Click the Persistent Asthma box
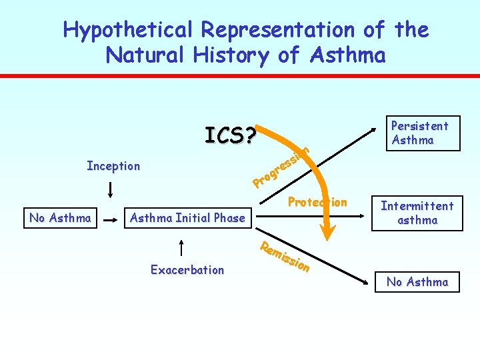(x=420, y=133)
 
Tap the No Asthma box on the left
(x=61, y=217)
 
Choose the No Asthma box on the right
(x=417, y=282)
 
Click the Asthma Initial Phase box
(x=187, y=217)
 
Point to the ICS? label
(x=230, y=135)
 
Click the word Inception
(x=113, y=166)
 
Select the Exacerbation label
(x=187, y=270)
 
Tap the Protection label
(x=317, y=202)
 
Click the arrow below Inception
(x=110, y=191)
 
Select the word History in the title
(x=229, y=55)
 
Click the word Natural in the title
(x=148, y=55)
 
